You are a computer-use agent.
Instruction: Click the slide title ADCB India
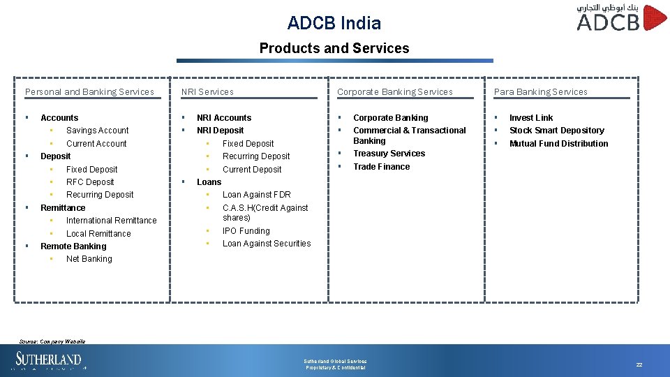point(334,23)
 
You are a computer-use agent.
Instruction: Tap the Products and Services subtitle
point(334,48)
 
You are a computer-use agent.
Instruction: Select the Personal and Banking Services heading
point(89,91)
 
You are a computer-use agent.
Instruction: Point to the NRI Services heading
point(207,91)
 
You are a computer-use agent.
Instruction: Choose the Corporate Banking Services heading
point(394,91)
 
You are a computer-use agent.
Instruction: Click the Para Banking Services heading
point(540,91)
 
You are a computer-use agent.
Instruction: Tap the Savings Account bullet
point(97,131)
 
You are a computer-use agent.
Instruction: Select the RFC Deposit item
point(90,182)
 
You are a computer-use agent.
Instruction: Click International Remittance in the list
point(111,221)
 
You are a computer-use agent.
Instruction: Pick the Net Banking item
point(89,259)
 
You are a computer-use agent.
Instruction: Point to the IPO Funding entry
point(246,231)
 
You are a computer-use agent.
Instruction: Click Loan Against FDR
point(256,195)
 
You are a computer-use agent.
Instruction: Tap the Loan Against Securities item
point(267,244)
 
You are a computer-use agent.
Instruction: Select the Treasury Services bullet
point(389,154)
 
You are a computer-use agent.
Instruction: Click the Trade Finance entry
point(381,167)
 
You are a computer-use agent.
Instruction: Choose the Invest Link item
point(530,118)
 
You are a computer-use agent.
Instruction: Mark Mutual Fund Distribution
point(558,144)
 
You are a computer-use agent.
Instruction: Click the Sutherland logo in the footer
point(49,360)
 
